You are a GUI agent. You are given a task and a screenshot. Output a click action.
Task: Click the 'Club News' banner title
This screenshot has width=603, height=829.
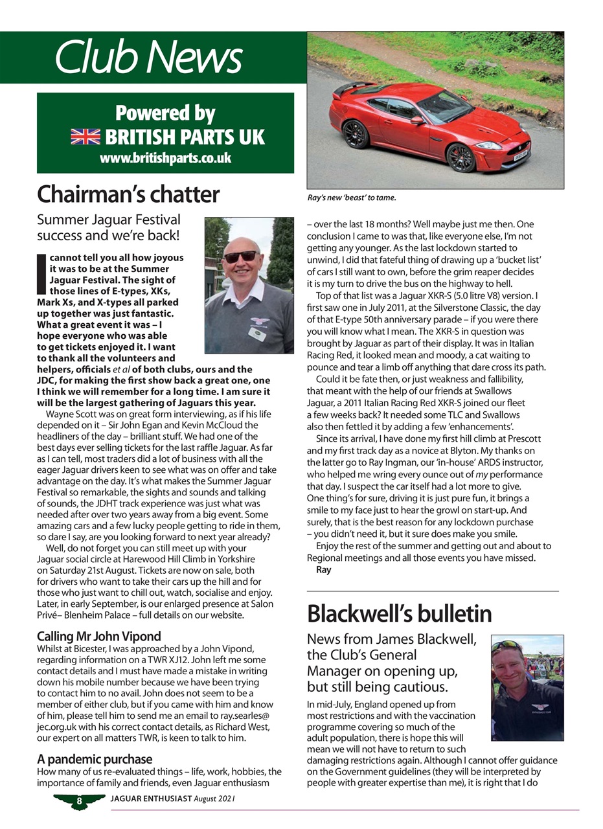point(148,58)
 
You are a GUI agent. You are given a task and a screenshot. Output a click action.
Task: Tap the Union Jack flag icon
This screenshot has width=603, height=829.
point(85,137)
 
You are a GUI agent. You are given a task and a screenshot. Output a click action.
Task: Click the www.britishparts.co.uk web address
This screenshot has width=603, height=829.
point(165,157)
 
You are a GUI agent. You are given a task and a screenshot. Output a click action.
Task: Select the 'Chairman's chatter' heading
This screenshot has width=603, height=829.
point(128,194)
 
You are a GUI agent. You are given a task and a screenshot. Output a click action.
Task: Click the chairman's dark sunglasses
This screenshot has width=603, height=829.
point(240,256)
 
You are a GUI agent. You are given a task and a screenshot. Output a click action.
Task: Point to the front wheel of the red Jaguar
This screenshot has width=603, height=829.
point(461,158)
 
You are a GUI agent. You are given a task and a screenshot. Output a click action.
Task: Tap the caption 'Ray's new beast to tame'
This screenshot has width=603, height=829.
point(351,198)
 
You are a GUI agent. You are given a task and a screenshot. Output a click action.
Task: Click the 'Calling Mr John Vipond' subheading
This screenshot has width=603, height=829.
point(98,636)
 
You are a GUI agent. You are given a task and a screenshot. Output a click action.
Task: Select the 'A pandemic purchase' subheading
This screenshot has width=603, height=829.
point(95,758)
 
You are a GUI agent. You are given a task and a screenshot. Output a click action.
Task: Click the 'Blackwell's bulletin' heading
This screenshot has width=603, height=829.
point(399,613)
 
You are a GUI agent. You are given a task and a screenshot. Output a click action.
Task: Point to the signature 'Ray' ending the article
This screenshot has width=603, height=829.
point(323,570)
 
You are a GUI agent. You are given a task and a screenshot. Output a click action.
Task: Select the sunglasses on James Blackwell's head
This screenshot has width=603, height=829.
point(507,646)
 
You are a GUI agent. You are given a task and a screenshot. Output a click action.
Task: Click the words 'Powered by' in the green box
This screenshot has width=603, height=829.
point(165,113)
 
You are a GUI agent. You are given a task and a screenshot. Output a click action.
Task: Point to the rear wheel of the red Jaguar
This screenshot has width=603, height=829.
point(356,134)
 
